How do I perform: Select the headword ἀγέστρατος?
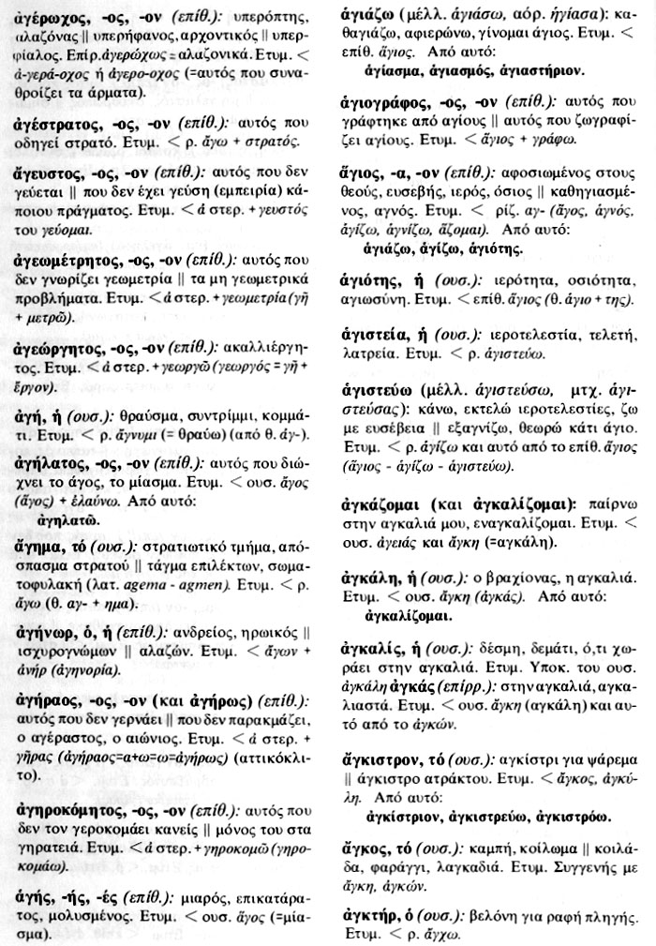pyautogui.click(x=54, y=124)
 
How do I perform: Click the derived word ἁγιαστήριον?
pyautogui.click(x=531, y=71)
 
